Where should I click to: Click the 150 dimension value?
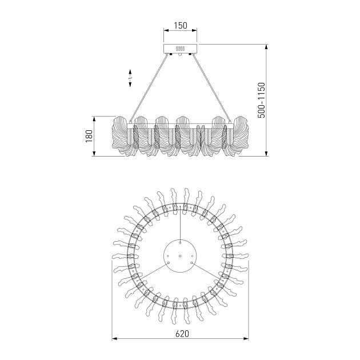pyautogui.click(x=181, y=26)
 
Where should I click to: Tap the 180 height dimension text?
pyautogui.click(x=89, y=136)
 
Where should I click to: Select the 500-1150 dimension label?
pyautogui.click(x=261, y=100)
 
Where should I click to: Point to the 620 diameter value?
pyautogui.click(x=182, y=333)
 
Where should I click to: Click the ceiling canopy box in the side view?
pyautogui.click(x=180, y=49)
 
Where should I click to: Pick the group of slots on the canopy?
pyautogui.click(x=180, y=49)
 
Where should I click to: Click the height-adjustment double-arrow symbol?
pyautogui.click(x=130, y=78)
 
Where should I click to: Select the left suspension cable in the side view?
pyautogui.click(x=149, y=87)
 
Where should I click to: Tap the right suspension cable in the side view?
pyautogui.click(x=211, y=87)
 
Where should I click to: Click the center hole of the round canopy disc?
pyautogui.click(x=180, y=256)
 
